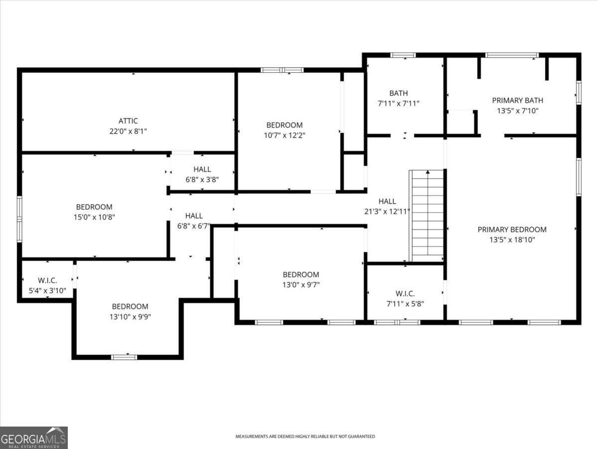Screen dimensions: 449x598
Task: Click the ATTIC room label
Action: point(128,121)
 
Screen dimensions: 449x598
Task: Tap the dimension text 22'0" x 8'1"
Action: point(128,131)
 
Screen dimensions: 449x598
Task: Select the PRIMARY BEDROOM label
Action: point(512,229)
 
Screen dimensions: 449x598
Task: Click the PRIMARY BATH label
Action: point(517,100)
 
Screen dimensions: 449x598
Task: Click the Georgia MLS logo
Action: point(34,438)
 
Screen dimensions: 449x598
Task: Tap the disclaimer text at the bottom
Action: point(305,437)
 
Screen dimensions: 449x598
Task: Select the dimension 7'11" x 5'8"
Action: point(405,304)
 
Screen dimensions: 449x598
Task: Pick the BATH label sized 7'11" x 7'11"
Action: point(399,93)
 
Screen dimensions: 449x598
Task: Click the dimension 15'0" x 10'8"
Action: point(94,217)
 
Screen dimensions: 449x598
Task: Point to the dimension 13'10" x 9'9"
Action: point(130,316)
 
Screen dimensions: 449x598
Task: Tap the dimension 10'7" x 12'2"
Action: point(284,135)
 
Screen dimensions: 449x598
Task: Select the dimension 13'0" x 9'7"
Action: point(301,284)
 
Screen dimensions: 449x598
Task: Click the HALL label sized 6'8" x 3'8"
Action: point(202,169)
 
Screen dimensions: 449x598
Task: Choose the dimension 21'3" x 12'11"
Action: point(387,211)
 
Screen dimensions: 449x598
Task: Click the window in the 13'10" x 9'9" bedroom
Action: point(124,357)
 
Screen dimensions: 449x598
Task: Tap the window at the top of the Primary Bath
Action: point(512,55)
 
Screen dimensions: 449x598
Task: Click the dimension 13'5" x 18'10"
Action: point(512,239)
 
